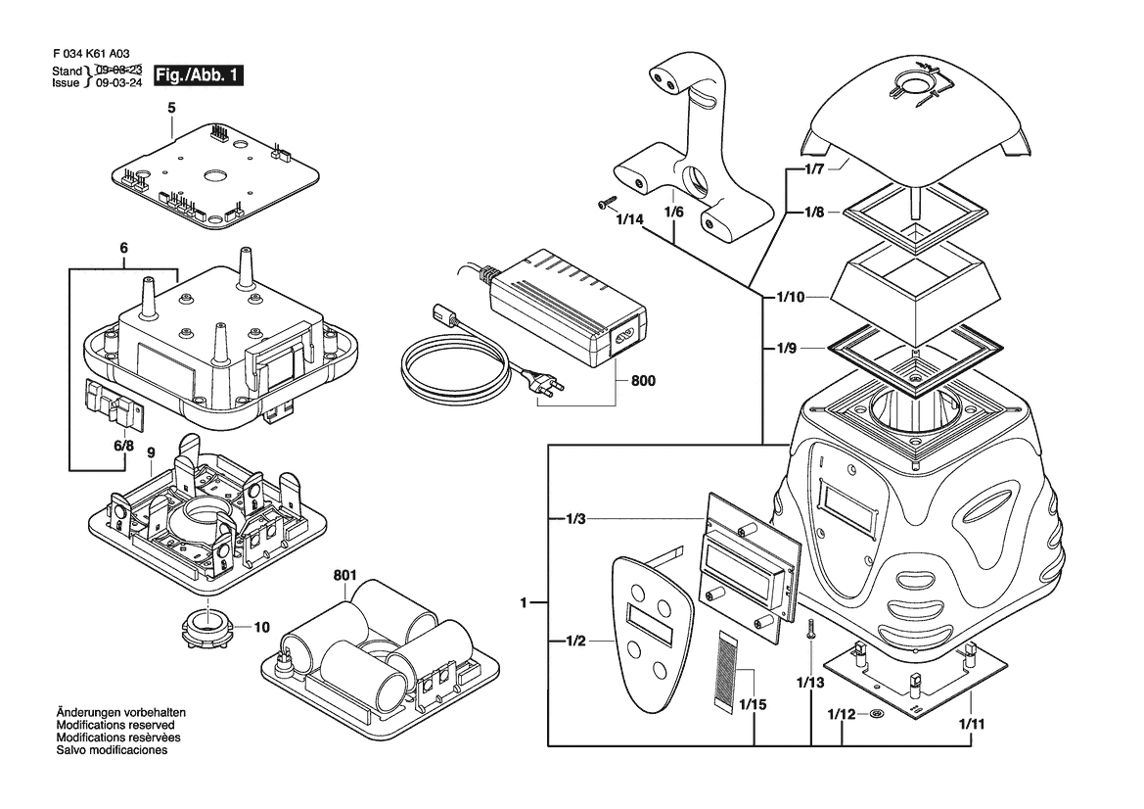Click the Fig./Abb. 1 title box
click(199, 75)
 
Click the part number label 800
click(643, 380)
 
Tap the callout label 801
click(345, 575)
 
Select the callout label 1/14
click(629, 219)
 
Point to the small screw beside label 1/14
click(606, 201)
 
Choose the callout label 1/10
click(790, 297)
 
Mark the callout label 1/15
click(753, 704)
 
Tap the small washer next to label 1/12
click(877, 713)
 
